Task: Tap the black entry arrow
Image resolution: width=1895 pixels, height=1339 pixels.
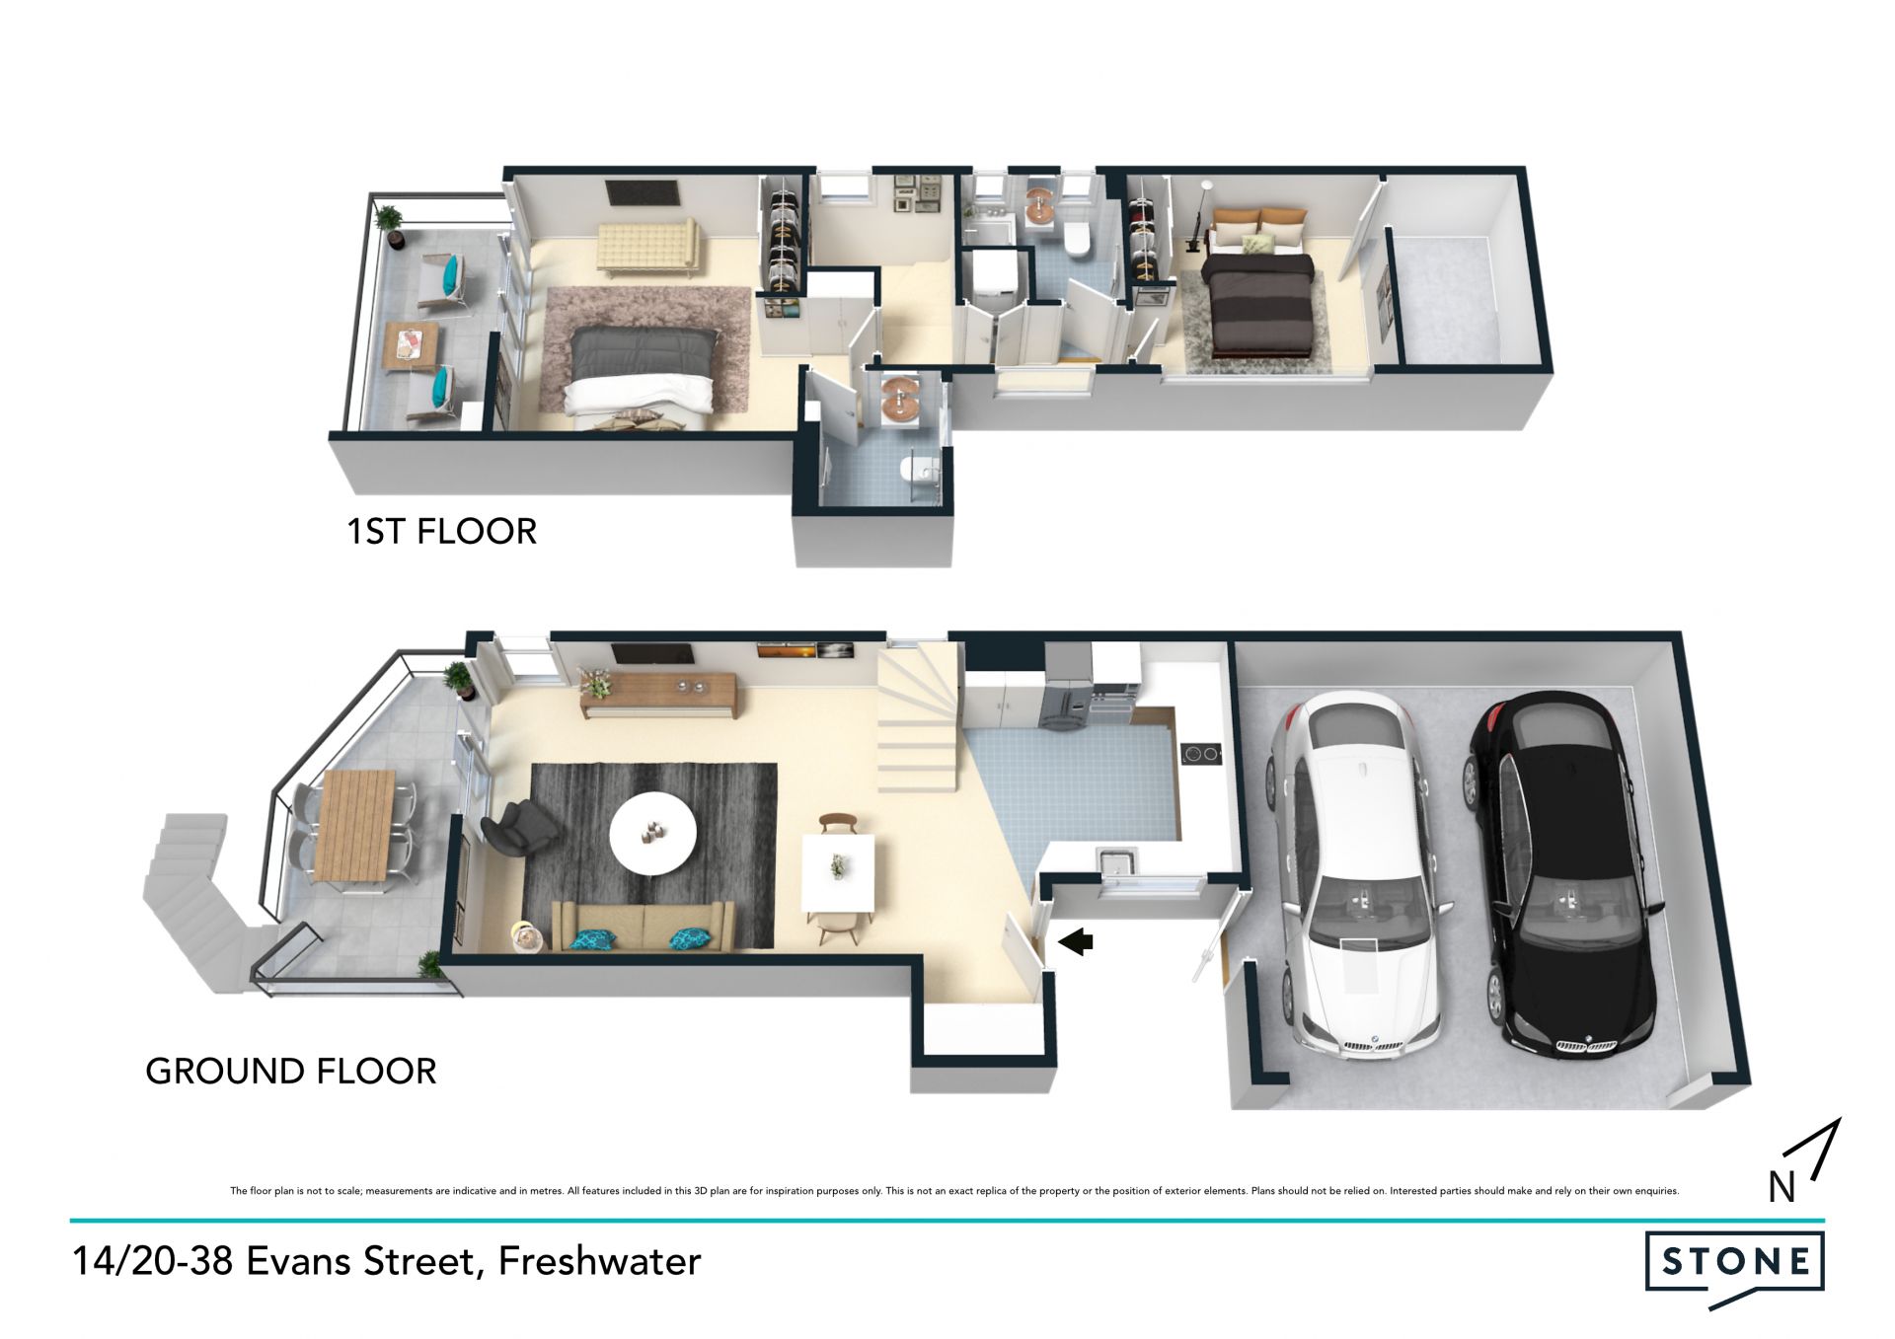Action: coord(1076,941)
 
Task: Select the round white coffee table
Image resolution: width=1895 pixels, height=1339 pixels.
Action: coord(652,833)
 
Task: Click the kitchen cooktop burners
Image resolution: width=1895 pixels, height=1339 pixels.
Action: coord(1201,754)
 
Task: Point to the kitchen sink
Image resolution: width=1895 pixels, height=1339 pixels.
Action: coord(1118,861)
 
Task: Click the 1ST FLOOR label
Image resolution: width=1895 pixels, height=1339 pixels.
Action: coord(441,532)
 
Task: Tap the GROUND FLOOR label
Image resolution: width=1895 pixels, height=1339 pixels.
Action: coord(290,1072)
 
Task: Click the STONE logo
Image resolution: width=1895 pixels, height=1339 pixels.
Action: coord(1734,1266)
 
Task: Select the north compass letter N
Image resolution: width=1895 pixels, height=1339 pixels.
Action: coord(1781,1187)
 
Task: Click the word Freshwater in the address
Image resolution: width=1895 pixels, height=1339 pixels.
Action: coord(600,1262)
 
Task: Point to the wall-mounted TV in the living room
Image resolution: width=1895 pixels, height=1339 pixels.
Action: coord(651,652)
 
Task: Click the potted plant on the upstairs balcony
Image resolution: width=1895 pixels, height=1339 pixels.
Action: coord(391,224)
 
